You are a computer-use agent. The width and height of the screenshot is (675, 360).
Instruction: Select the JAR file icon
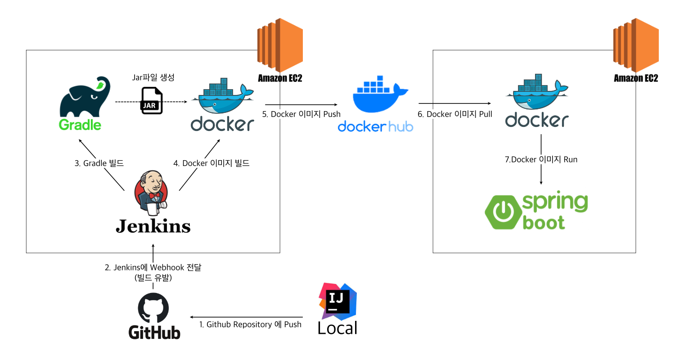click(152, 101)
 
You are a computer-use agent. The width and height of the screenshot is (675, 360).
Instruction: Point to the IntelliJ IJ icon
click(337, 301)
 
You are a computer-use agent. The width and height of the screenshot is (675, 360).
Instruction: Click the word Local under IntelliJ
click(337, 328)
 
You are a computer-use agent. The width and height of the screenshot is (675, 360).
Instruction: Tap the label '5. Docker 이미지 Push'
click(301, 114)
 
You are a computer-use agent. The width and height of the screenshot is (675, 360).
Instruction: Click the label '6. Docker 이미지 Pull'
click(454, 114)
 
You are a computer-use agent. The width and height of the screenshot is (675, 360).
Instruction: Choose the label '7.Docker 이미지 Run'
click(541, 159)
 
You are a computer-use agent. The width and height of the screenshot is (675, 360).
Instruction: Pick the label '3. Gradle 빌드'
click(99, 163)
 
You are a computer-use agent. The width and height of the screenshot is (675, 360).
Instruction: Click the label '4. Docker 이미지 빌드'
click(211, 163)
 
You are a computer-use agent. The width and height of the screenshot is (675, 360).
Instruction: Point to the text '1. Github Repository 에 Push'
click(250, 324)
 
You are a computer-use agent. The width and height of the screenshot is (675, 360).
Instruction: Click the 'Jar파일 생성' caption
click(153, 77)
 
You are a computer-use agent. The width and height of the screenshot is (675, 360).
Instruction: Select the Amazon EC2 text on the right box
click(636, 78)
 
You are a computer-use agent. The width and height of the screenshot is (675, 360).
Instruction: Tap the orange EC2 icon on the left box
click(279, 45)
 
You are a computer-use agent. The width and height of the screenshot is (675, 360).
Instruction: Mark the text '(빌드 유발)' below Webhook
click(153, 278)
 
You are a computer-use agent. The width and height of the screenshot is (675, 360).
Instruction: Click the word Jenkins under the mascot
click(153, 226)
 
